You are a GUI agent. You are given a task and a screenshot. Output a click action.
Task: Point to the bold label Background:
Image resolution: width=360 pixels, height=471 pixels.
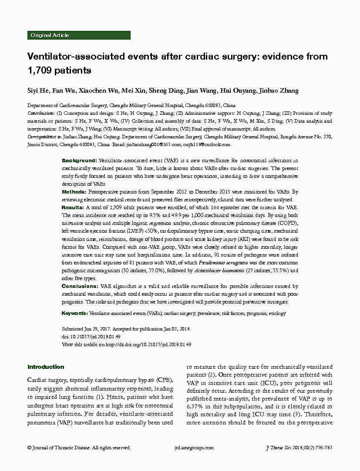79,161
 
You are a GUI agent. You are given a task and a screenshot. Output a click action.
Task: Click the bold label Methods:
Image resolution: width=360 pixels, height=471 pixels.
74,192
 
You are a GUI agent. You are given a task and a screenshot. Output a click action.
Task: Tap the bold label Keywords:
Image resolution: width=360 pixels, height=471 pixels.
75,313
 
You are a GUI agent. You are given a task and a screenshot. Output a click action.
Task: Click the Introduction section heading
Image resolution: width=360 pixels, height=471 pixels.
46,367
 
